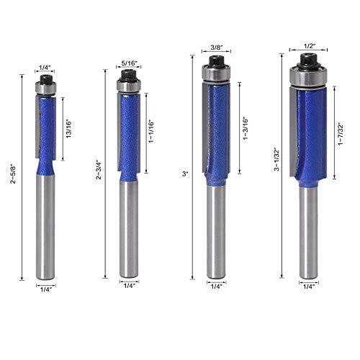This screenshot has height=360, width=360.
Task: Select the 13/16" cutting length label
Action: click(69, 129)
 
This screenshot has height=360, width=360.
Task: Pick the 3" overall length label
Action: click(186, 174)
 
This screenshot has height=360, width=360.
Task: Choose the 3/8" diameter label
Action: click(215, 49)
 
